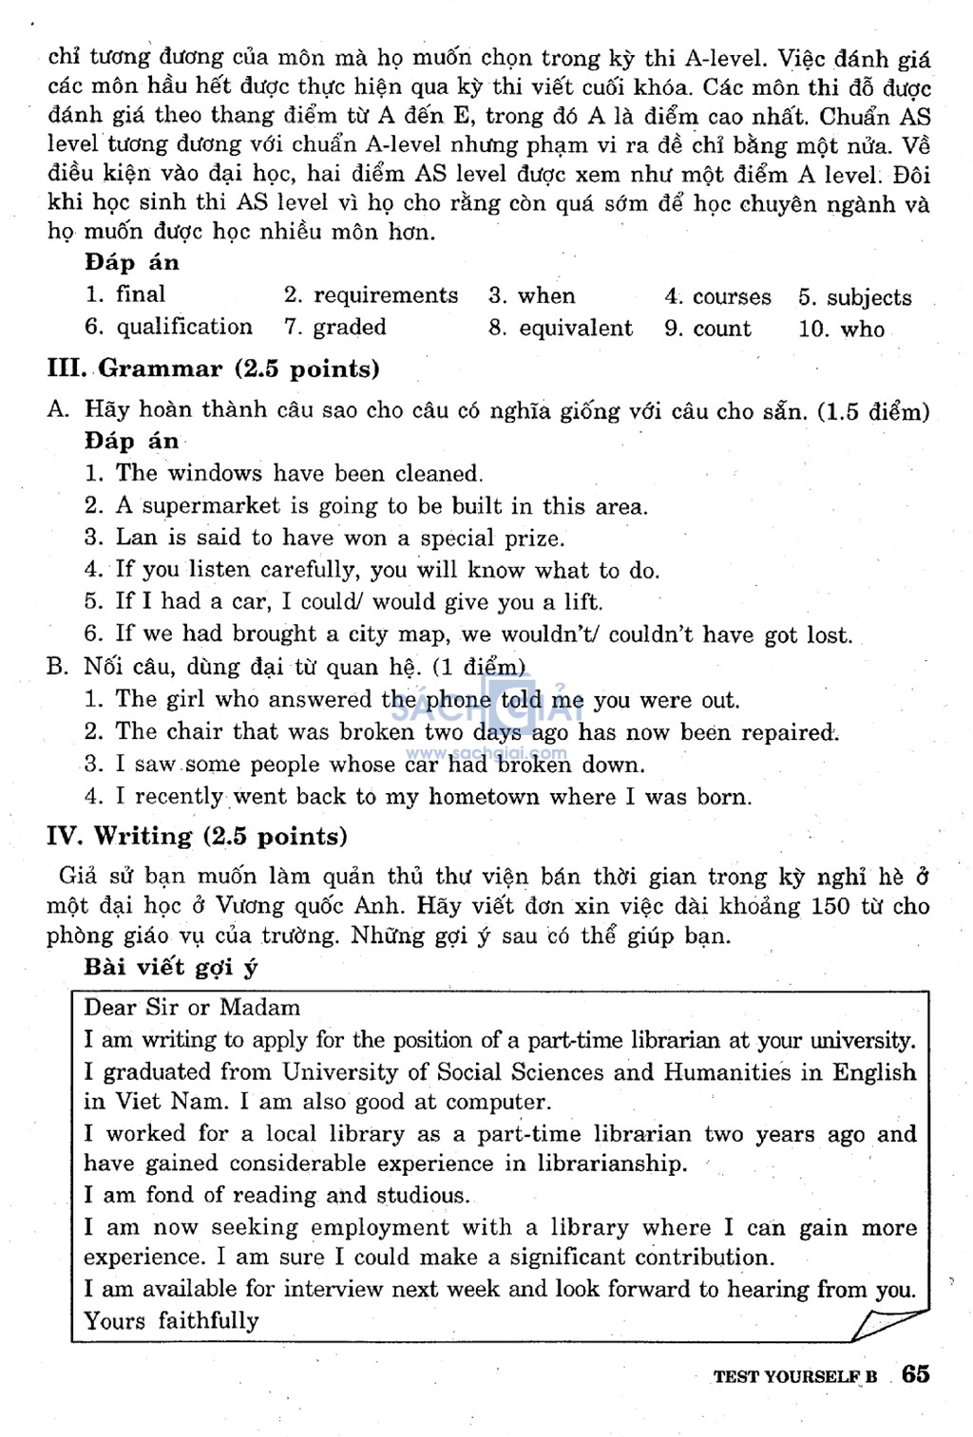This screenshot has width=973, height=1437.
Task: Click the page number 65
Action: point(916,1373)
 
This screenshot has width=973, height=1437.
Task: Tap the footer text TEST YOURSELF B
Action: point(795,1376)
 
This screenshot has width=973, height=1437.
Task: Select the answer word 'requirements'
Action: point(386,295)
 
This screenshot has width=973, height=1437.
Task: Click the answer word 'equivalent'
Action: point(576,329)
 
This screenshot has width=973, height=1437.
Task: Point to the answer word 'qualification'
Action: point(184,328)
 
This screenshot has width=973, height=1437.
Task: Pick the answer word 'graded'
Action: point(350,328)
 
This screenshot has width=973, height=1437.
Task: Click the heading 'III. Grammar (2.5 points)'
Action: point(213,369)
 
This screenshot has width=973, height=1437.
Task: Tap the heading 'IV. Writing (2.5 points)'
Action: point(197,836)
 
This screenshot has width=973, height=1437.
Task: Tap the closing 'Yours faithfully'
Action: point(171,1320)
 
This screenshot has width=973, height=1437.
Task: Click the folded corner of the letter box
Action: point(889,1323)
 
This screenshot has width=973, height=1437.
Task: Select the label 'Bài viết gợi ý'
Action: point(171,967)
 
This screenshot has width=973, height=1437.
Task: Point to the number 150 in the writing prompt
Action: point(830,906)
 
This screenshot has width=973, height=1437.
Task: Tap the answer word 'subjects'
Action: point(868,297)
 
